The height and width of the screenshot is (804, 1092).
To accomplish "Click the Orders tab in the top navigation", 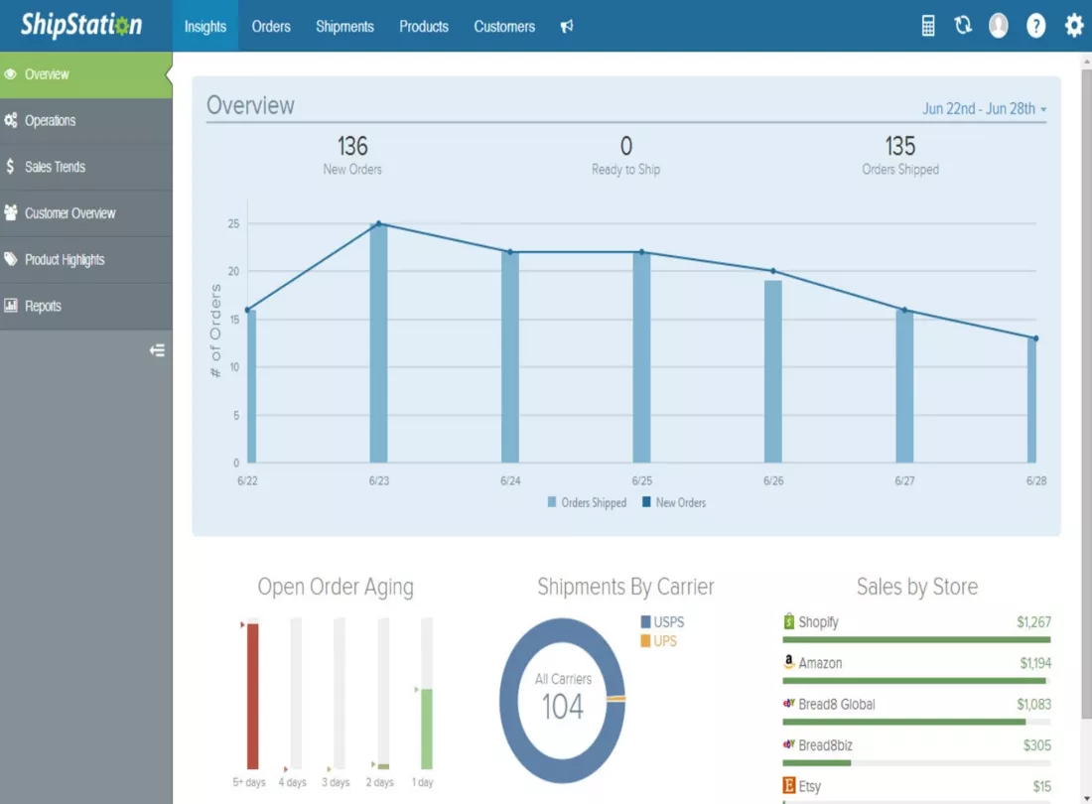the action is tap(271, 27).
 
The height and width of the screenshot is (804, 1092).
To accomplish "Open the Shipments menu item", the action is tap(344, 27).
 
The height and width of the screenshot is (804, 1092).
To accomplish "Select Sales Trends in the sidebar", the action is tap(55, 167).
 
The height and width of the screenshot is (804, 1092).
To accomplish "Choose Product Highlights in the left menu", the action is tap(65, 260).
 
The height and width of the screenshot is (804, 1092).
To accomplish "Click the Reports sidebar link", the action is tap(43, 307).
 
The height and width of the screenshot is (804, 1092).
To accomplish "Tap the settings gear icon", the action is tap(1074, 26).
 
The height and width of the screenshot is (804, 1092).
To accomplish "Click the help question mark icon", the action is tap(1035, 26).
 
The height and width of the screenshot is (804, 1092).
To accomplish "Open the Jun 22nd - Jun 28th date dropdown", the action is tap(984, 108).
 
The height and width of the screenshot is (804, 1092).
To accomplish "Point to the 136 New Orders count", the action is tap(352, 146).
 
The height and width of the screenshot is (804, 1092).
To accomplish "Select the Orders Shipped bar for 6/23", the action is tap(379, 343).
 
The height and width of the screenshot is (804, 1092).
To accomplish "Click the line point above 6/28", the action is tap(1036, 338).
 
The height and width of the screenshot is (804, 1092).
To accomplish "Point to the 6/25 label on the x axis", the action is tap(642, 481).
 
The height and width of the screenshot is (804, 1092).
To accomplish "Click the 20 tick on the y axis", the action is tap(233, 272).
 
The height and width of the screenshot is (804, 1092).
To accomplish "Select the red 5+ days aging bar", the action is tap(253, 696).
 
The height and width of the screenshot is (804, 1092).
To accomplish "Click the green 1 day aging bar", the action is tap(427, 729).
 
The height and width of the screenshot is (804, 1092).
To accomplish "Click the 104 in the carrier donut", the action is tap(563, 708).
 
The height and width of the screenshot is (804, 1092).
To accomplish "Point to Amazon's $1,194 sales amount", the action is tap(1035, 663).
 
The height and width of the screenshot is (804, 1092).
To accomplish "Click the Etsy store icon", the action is tap(789, 786).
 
